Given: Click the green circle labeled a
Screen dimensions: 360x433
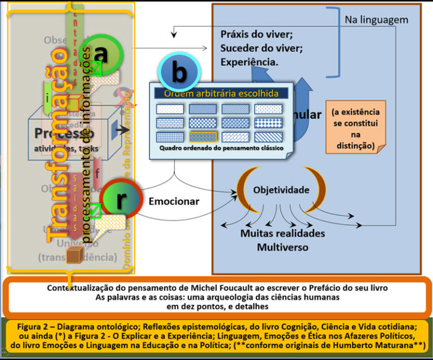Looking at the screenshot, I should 100,55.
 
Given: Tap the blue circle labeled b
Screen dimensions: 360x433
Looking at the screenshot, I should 180,73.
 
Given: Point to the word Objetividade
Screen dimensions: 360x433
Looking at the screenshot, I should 281,190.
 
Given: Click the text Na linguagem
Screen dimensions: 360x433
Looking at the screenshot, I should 376,20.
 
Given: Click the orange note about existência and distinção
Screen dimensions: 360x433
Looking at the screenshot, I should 356,129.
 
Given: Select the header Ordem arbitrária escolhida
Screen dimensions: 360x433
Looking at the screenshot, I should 220,94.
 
